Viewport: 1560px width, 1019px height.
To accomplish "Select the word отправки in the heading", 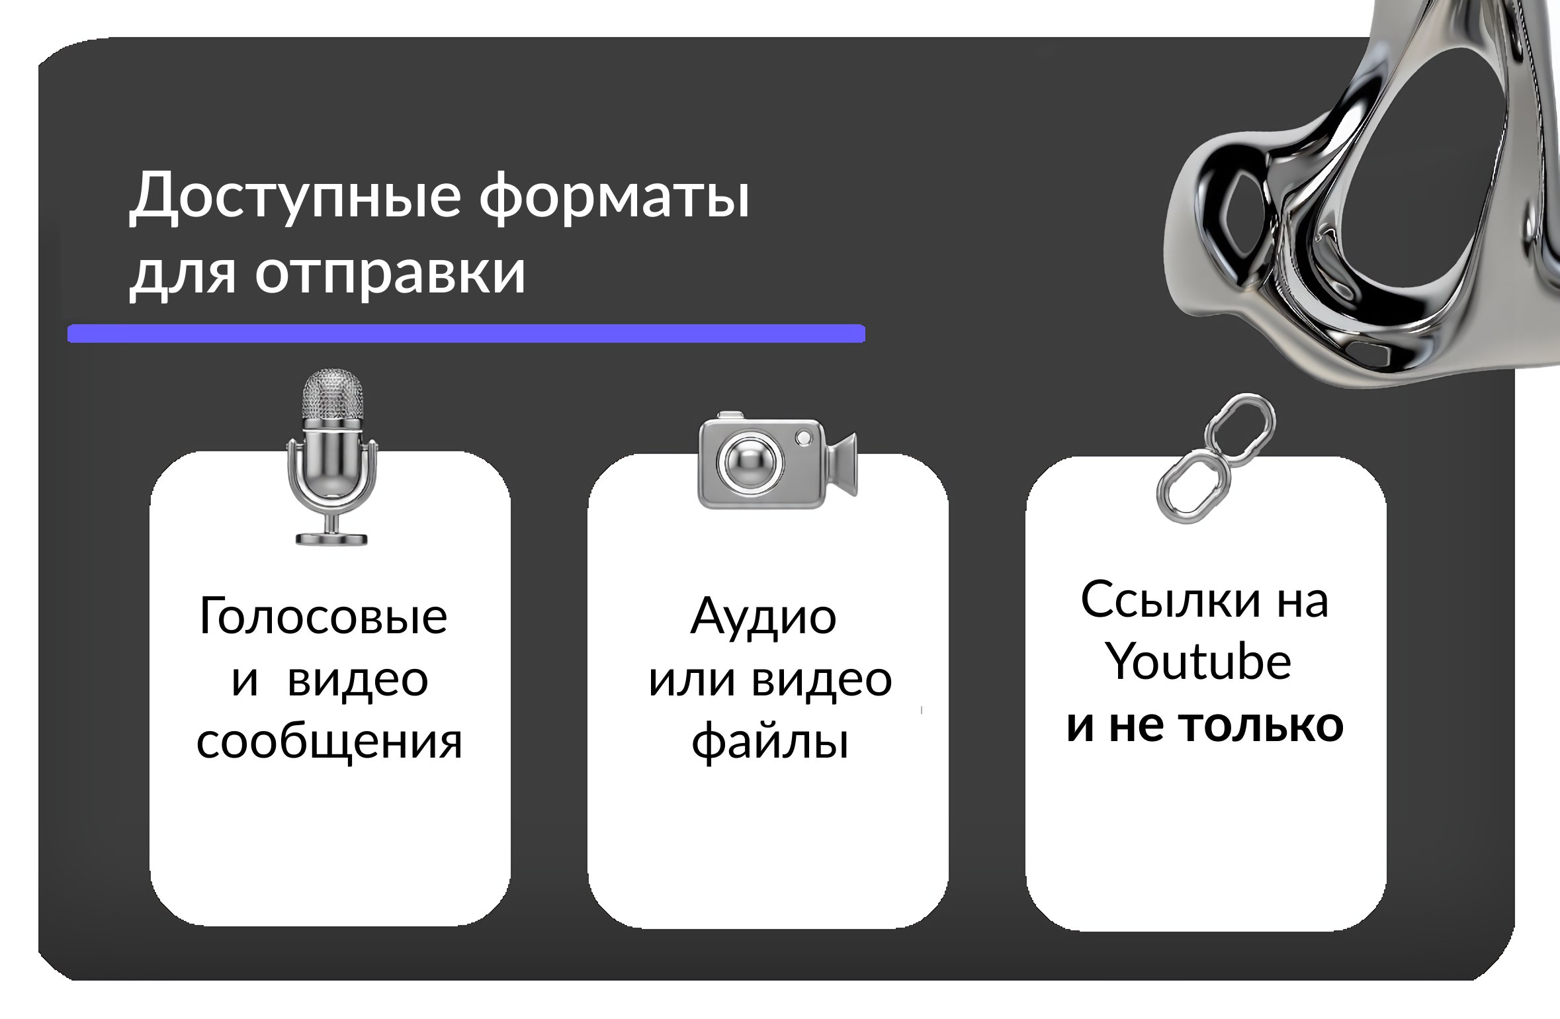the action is tap(391, 273).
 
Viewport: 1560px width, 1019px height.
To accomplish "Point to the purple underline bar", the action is tap(466, 333).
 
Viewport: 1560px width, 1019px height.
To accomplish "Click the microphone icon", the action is tap(332, 458).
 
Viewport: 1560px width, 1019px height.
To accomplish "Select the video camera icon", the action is tap(777, 461).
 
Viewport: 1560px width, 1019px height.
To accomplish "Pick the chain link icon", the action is tap(1216, 458).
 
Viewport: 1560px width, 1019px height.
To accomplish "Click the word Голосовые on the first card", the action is tap(323, 616).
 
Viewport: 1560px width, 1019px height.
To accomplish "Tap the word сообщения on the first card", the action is tap(329, 742).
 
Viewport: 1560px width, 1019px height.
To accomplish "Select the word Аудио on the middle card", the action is tap(763, 616).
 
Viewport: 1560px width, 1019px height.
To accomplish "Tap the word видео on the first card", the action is tap(358, 679).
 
